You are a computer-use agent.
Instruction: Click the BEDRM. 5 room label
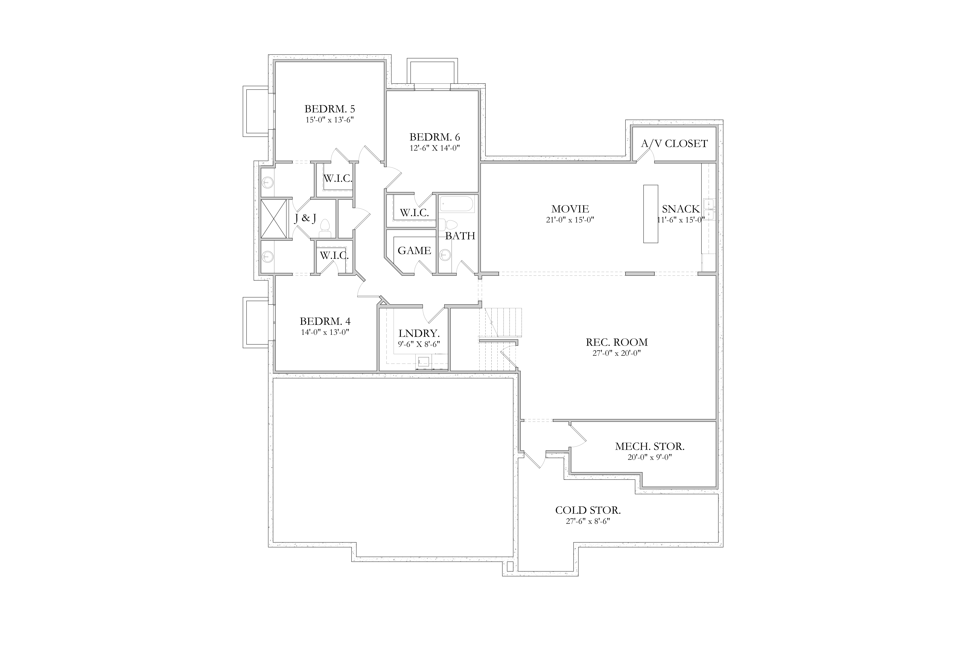point(330,109)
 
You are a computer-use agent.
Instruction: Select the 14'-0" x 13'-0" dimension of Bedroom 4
point(325,332)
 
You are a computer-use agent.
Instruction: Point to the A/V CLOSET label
point(674,144)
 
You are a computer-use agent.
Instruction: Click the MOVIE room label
point(570,209)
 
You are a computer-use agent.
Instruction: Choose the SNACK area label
point(681,209)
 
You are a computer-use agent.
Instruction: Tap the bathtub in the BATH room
point(457,204)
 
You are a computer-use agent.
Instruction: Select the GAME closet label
point(414,250)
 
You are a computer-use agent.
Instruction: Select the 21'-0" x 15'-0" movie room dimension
point(570,220)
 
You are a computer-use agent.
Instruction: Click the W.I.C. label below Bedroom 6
point(414,213)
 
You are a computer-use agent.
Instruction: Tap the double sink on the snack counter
point(709,210)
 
